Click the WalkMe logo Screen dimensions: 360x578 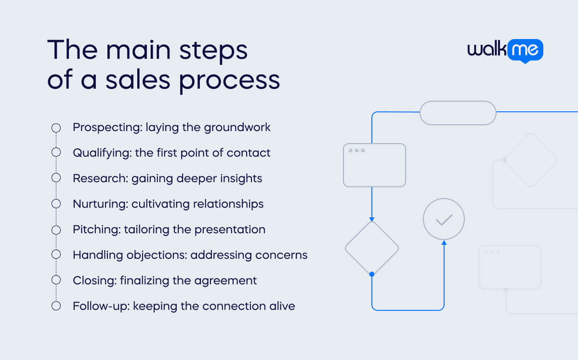(505, 51)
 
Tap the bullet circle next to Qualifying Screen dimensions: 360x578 (56, 153)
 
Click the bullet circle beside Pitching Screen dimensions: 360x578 (56, 229)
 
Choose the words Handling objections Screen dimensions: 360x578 (129, 255)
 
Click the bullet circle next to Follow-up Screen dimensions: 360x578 (56, 306)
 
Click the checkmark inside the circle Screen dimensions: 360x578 (444, 220)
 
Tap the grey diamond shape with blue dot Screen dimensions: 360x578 (372, 249)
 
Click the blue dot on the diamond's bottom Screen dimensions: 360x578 (372, 274)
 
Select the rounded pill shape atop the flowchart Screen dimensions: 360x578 (458, 113)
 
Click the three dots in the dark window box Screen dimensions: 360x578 (356, 150)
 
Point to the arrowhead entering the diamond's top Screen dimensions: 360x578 (372, 219)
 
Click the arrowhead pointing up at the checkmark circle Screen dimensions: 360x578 (444, 242)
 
